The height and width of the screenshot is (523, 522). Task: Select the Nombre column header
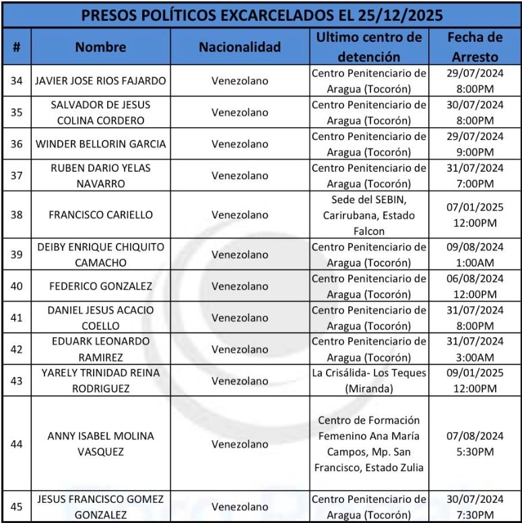point(100,47)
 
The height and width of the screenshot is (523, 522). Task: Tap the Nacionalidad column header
point(239,47)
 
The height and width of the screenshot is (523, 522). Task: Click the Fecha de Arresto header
point(475,46)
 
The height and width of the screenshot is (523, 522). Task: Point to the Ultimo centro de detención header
point(368,46)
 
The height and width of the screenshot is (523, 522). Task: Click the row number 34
point(17,81)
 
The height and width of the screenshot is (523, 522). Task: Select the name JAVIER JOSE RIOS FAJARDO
point(100,81)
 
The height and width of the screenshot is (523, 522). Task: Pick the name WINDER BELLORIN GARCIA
point(100,144)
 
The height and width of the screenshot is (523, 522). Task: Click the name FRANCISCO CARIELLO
point(100,215)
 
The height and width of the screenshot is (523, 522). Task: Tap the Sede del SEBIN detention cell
point(368,215)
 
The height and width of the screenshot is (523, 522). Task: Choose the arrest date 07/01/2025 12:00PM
point(475,215)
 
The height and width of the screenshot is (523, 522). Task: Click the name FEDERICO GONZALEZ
point(100,286)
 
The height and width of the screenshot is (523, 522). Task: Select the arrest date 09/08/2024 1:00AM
point(475,254)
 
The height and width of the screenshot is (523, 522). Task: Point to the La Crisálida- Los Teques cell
point(368,380)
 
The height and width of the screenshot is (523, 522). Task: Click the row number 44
point(17,444)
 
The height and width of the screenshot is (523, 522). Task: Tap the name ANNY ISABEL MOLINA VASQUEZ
point(100,444)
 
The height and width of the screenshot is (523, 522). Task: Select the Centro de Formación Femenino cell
point(368,444)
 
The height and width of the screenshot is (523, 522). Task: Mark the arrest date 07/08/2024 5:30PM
point(475,444)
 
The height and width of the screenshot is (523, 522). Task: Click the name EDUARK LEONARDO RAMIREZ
point(100,349)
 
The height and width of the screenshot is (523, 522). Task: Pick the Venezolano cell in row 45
point(239,507)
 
